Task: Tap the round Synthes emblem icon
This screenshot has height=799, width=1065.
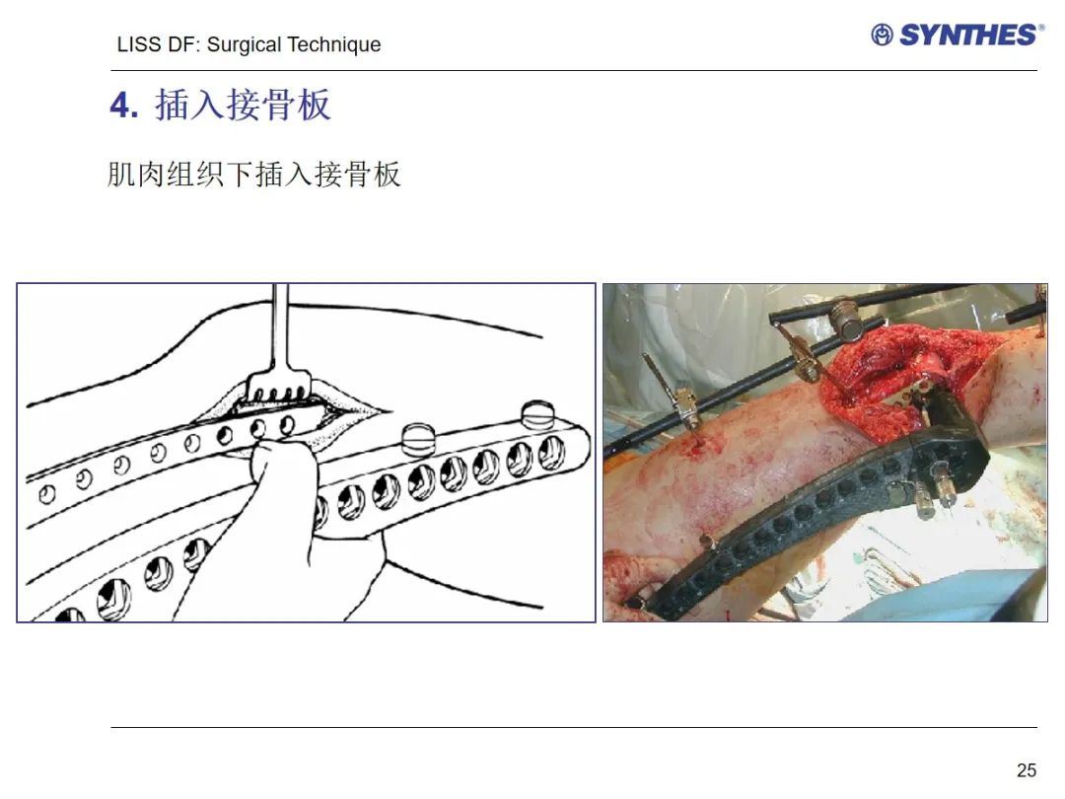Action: (x=882, y=35)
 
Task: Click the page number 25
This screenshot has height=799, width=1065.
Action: (x=1027, y=769)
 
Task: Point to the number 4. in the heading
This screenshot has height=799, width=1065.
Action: (x=124, y=106)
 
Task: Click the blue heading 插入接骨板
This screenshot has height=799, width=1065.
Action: (x=244, y=105)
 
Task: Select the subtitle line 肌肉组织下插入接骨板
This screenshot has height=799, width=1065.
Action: (x=254, y=174)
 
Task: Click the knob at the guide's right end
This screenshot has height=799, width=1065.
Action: (x=537, y=414)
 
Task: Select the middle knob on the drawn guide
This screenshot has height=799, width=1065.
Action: (x=418, y=440)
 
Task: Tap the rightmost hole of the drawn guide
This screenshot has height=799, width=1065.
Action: (x=551, y=453)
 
